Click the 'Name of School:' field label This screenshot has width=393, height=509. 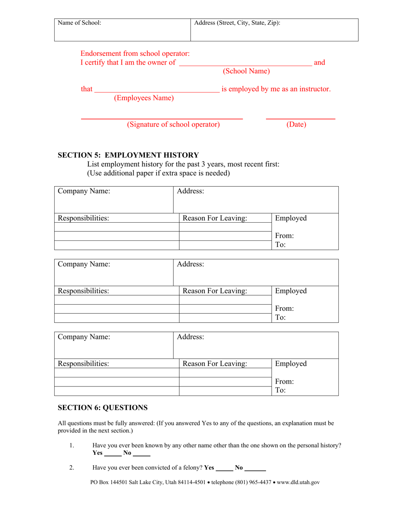[x=79, y=23]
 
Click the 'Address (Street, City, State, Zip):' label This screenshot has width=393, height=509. [x=237, y=23]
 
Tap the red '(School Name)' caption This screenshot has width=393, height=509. [x=246, y=71]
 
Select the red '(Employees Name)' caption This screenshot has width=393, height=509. [x=144, y=98]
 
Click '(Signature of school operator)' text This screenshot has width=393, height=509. [x=173, y=125]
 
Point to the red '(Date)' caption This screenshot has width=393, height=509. [x=296, y=125]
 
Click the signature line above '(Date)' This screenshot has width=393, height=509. [x=300, y=119]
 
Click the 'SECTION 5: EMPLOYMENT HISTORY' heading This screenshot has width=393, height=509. [x=128, y=155]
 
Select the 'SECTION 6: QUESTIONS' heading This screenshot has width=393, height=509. [x=102, y=408]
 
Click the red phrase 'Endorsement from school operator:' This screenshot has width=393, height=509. [x=135, y=53]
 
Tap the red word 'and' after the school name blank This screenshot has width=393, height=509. [x=319, y=63]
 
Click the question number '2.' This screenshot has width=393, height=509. [x=72, y=468]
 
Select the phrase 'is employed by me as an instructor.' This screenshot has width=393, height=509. [x=276, y=89]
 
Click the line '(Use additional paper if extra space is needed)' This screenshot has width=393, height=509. [x=158, y=173]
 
